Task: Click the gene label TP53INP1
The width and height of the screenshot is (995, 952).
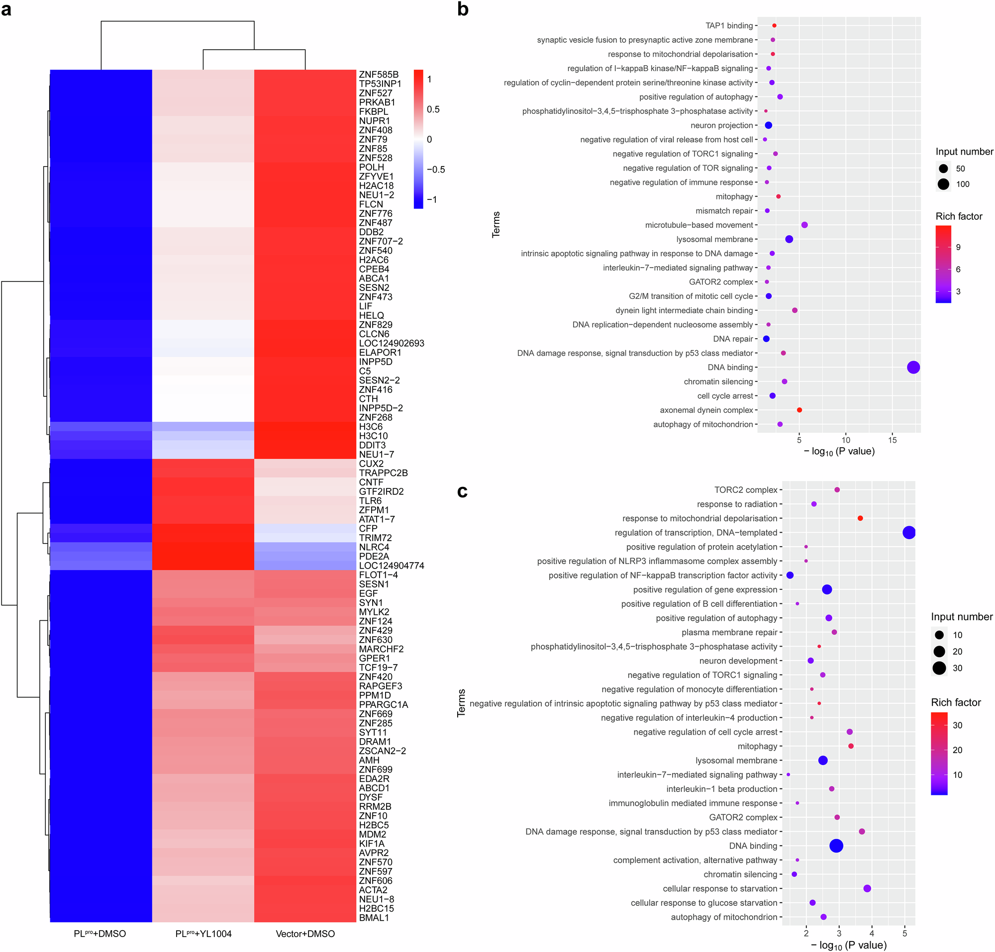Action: point(380,84)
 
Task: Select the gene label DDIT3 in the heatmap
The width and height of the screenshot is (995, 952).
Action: point(372,445)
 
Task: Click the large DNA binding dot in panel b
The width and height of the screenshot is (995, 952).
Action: point(913,368)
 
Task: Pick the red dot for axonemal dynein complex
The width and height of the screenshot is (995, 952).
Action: point(799,410)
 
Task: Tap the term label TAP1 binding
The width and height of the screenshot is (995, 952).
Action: point(729,26)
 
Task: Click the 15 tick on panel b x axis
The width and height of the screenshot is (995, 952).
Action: point(893,440)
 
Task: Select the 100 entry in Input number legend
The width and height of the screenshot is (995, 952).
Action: point(963,184)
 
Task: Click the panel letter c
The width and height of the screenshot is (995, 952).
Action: point(462,491)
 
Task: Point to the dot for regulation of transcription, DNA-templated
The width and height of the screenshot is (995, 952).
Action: point(909,533)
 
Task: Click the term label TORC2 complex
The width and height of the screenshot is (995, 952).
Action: point(745,490)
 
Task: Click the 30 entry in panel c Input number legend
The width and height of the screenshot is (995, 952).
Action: point(957,668)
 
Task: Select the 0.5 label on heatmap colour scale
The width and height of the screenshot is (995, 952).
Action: point(433,109)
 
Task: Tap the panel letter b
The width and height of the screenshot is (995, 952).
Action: point(463,9)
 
